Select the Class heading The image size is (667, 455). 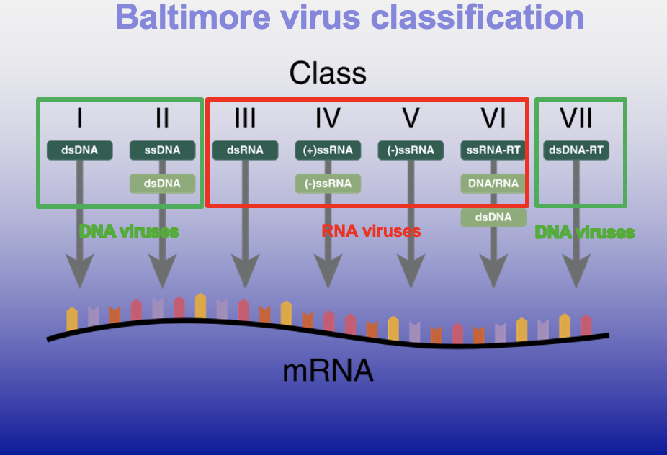[328, 73]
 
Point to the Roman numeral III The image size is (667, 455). [245, 118]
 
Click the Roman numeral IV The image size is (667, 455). [328, 118]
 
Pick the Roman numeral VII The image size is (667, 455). [576, 118]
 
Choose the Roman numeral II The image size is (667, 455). [162, 118]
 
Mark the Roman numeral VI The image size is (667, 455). [493, 118]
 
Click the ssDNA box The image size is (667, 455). [162, 150]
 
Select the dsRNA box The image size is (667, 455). [245, 150]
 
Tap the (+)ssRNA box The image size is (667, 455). [328, 150]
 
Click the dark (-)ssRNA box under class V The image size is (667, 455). [411, 150]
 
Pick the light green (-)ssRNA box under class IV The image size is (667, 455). [328, 184]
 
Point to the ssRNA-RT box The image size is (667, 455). [493, 150]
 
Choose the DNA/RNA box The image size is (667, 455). [493, 184]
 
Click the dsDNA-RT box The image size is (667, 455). [576, 150]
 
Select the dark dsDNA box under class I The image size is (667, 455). [79, 150]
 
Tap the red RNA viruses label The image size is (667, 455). [370, 231]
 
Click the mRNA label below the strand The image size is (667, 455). [328, 371]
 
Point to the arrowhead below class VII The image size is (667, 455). [576, 272]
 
